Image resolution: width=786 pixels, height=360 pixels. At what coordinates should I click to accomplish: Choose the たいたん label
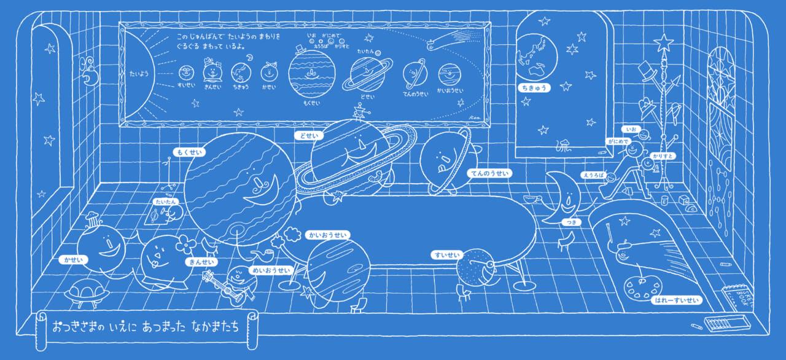click(x=166, y=202)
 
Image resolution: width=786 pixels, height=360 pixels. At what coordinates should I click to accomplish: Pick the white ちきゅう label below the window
click(x=532, y=88)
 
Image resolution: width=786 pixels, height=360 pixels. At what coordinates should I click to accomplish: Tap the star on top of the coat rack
click(x=663, y=42)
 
